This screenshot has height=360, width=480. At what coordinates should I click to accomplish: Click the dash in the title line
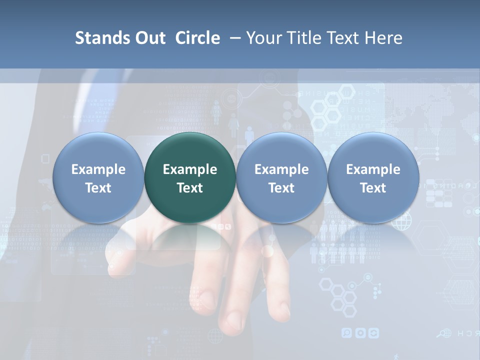(232, 38)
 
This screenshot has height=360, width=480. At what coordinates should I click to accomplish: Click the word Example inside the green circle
(190, 169)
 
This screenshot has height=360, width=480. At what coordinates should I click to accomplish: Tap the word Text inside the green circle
(190, 188)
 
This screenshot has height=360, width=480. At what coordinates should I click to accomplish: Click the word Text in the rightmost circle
(373, 188)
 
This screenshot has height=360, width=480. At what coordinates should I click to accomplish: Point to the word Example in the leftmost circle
(98, 169)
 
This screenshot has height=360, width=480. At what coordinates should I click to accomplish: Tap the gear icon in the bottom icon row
(360, 332)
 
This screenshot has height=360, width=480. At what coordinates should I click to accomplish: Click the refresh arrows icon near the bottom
(373, 332)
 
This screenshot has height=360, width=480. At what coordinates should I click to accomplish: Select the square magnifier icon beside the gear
(346, 332)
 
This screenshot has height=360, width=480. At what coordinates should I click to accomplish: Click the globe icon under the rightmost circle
(400, 220)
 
